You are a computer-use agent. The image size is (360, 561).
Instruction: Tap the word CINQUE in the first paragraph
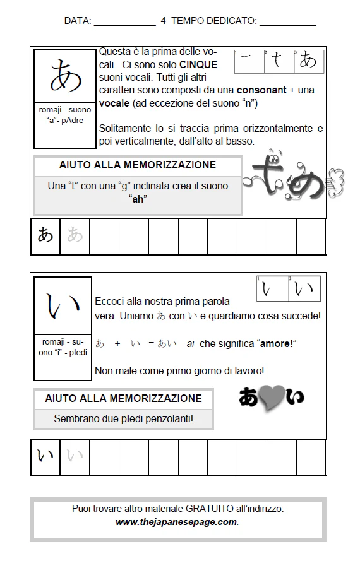[198, 64]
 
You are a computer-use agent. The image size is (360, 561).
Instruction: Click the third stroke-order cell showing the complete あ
[309, 61]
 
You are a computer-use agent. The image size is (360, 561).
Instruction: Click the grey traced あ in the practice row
[75, 236]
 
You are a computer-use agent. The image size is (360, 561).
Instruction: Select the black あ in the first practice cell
[45, 236]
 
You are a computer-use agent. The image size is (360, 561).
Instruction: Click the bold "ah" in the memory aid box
[138, 199]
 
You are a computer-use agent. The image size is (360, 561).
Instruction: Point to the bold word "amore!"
[276, 344]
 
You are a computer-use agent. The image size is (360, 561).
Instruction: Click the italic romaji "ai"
[190, 344]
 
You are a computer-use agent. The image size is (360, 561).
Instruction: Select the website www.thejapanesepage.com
[177, 522]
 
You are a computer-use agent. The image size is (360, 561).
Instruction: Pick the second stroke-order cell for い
[304, 290]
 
